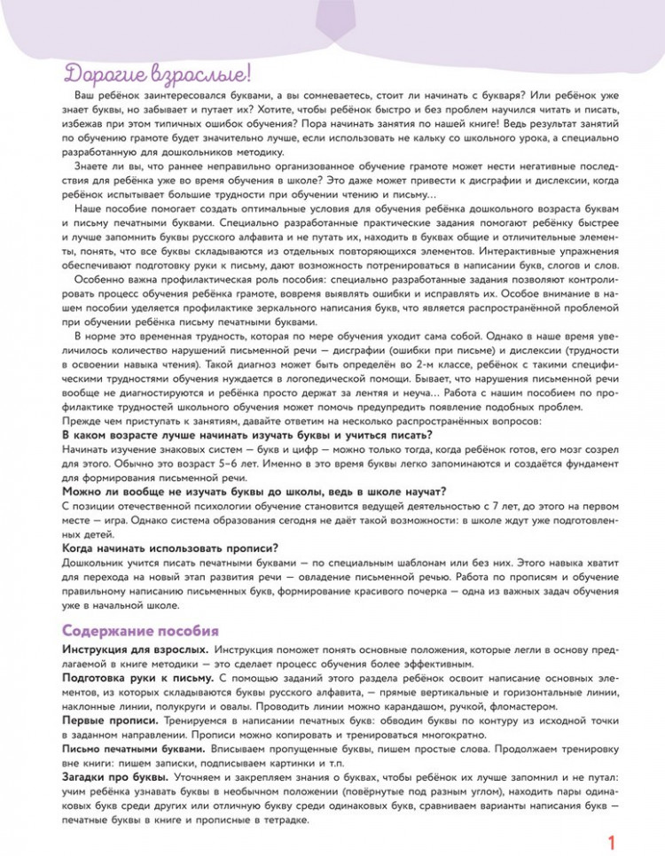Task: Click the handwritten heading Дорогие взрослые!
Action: (x=157, y=73)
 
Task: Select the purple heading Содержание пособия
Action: (x=140, y=631)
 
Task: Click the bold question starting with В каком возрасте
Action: (x=247, y=435)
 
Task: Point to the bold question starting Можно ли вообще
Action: (x=254, y=492)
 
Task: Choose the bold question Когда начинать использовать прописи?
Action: (x=171, y=548)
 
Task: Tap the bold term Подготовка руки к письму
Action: (x=138, y=678)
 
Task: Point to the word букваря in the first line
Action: (x=468, y=94)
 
